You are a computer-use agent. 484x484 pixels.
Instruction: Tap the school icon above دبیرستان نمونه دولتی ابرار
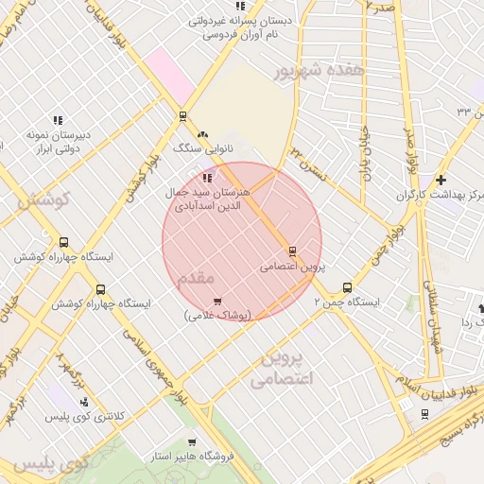(58, 120)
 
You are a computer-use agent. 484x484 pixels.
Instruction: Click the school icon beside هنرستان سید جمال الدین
(207, 178)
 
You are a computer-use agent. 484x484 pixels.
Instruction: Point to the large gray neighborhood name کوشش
(43, 199)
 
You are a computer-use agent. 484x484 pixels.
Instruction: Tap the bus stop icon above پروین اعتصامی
(292, 251)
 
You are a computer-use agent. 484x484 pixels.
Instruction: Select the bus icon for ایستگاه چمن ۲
(347, 287)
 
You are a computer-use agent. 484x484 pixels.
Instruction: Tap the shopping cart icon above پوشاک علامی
(218, 301)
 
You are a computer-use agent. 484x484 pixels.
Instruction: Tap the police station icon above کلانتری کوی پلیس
(85, 402)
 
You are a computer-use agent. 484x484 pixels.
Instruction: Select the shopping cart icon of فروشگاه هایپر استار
(191, 441)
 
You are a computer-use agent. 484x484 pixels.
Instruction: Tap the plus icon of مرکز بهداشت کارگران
(441, 180)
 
